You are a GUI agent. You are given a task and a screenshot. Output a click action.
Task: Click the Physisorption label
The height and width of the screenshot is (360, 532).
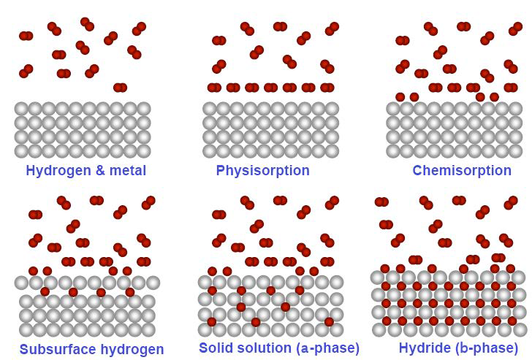[x=262, y=171]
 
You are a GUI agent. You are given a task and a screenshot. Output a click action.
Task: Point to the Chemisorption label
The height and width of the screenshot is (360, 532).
[x=462, y=171]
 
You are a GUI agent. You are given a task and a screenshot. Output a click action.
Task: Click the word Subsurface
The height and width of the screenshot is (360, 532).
[x=56, y=349]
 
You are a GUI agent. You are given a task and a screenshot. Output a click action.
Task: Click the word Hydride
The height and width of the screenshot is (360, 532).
[x=424, y=348]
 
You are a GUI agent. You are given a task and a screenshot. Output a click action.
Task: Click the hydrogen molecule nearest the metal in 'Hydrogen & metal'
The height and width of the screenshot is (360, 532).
[x=120, y=88]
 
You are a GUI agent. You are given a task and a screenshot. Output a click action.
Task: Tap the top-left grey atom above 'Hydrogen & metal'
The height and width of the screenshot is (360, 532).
[x=22, y=109]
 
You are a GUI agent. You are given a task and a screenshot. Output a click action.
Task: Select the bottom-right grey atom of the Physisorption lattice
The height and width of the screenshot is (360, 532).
[x=332, y=151]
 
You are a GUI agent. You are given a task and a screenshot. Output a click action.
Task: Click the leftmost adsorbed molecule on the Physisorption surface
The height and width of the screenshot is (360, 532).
[x=214, y=88]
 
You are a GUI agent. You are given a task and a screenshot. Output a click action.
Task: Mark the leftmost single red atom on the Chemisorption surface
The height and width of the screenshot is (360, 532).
[x=400, y=97]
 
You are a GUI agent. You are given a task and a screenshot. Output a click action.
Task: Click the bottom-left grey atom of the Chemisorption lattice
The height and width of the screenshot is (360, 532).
[x=393, y=151]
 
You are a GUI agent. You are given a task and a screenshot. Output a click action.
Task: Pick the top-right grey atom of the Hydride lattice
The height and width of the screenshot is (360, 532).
[x=518, y=277]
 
